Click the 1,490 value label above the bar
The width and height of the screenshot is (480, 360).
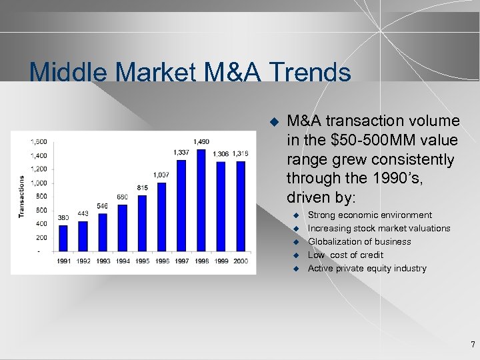click(x=201, y=141)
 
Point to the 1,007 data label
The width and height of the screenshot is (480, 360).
click(x=161, y=175)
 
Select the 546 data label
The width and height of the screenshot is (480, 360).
click(x=102, y=206)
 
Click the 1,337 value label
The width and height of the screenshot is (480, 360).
click(x=181, y=152)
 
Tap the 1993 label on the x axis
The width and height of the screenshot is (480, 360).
click(x=103, y=261)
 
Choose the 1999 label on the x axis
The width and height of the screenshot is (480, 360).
click(x=221, y=261)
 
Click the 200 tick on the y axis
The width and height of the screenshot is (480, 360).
click(x=41, y=237)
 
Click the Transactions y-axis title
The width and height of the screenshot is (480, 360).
click(x=21, y=196)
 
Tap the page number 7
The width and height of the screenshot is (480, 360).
click(x=473, y=345)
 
